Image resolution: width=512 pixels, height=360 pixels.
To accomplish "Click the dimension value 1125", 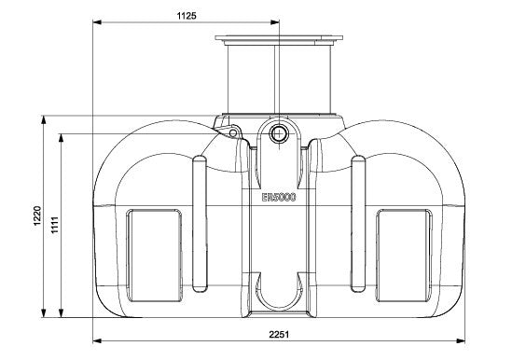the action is pos(187,15).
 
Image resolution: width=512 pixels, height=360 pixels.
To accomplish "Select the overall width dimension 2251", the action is pos(279,334).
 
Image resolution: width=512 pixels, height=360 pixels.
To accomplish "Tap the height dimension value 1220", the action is pos(37,215).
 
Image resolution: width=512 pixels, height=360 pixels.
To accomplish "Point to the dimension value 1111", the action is pos(54,225).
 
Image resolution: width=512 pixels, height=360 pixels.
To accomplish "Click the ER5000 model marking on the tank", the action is pos(279,198).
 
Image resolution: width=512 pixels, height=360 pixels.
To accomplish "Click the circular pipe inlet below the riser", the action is pos(278,133).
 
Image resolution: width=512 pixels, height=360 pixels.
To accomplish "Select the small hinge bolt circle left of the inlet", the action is pos(233,133).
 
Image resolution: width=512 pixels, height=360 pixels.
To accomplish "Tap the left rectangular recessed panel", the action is pos(154,256).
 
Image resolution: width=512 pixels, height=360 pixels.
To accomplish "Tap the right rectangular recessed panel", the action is pos(404,256).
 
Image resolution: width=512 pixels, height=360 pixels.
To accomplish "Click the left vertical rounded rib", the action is pos(200,224).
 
